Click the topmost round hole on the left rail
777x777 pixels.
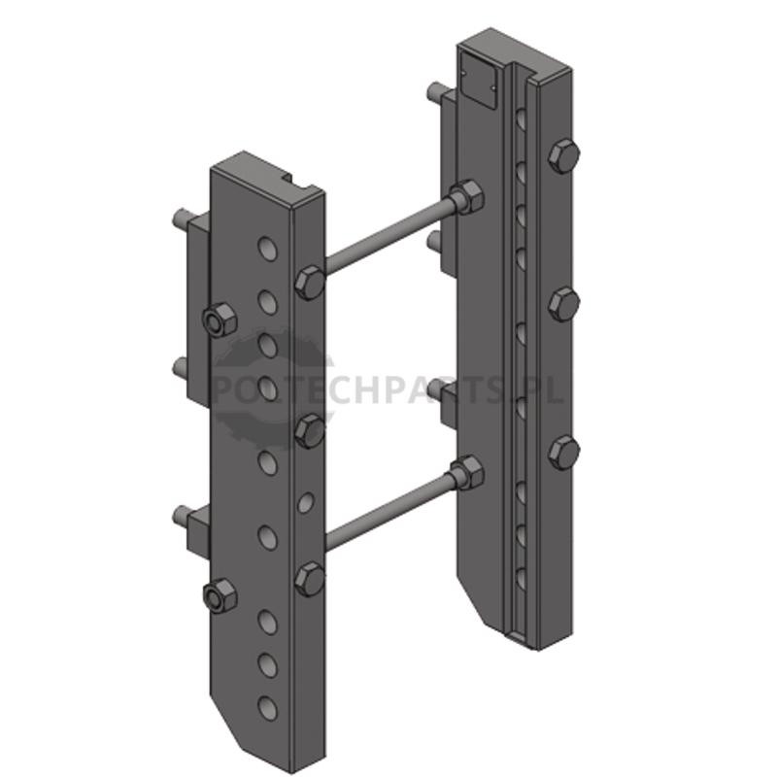268,249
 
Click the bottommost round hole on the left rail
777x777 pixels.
268,708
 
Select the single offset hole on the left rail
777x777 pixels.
306,502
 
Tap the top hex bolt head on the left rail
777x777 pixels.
310,283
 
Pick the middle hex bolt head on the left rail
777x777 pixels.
310,431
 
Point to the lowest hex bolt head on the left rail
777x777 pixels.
310,579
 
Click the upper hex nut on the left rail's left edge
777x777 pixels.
220,320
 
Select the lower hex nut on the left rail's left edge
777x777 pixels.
220,596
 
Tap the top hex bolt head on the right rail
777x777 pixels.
564,156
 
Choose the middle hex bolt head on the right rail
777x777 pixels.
564,304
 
